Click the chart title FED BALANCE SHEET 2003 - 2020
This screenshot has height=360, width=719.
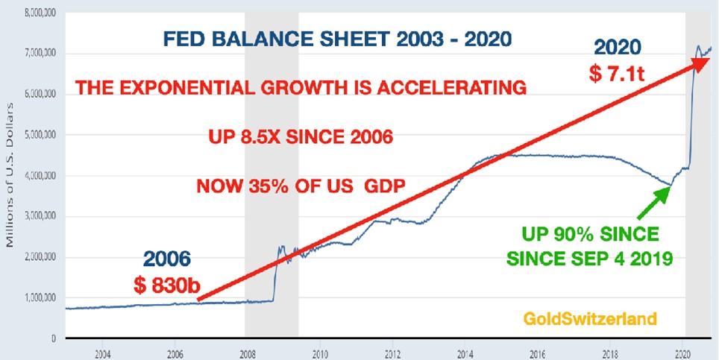coord(337,40)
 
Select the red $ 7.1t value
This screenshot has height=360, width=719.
coord(617,74)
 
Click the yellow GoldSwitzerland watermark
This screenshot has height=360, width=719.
coord(590,318)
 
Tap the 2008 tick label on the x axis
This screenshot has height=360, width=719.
coord(247,353)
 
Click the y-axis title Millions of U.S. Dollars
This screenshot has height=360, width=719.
coord(10,175)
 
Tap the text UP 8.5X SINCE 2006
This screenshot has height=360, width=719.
coord(301,137)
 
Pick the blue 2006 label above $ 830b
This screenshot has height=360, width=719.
coord(167,259)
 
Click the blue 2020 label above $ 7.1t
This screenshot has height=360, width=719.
coord(618,47)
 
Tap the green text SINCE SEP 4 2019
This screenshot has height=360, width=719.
coord(589,259)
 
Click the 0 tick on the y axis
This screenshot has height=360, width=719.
coord(54,338)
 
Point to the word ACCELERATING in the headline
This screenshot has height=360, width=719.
coord(451,87)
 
